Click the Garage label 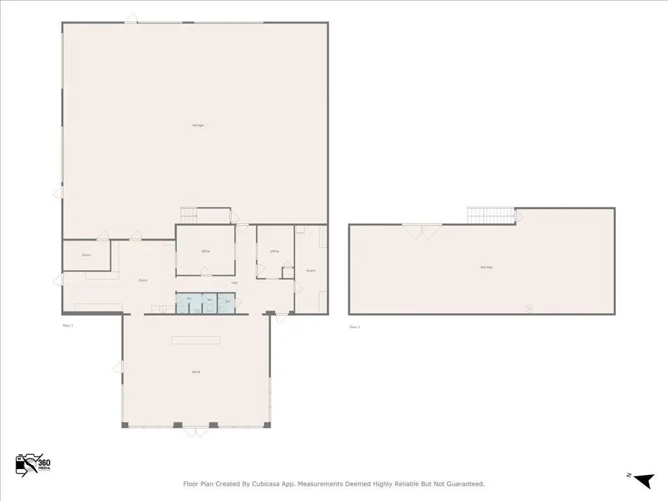(x=198, y=125)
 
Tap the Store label (x=196, y=372)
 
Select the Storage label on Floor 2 (x=486, y=267)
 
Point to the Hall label (x=234, y=282)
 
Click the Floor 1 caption (x=68, y=325)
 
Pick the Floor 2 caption (x=354, y=327)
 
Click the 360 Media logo (x=33, y=464)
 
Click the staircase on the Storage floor (x=491, y=215)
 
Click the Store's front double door (x=195, y=431)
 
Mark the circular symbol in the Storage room (x=529, y=307)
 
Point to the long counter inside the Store (x=196, y=340)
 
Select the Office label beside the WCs (x=205, y=251)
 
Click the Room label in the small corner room (x=87, y=255)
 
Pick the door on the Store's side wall (x=118, y=367)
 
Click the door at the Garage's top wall (x=130, y=18)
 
